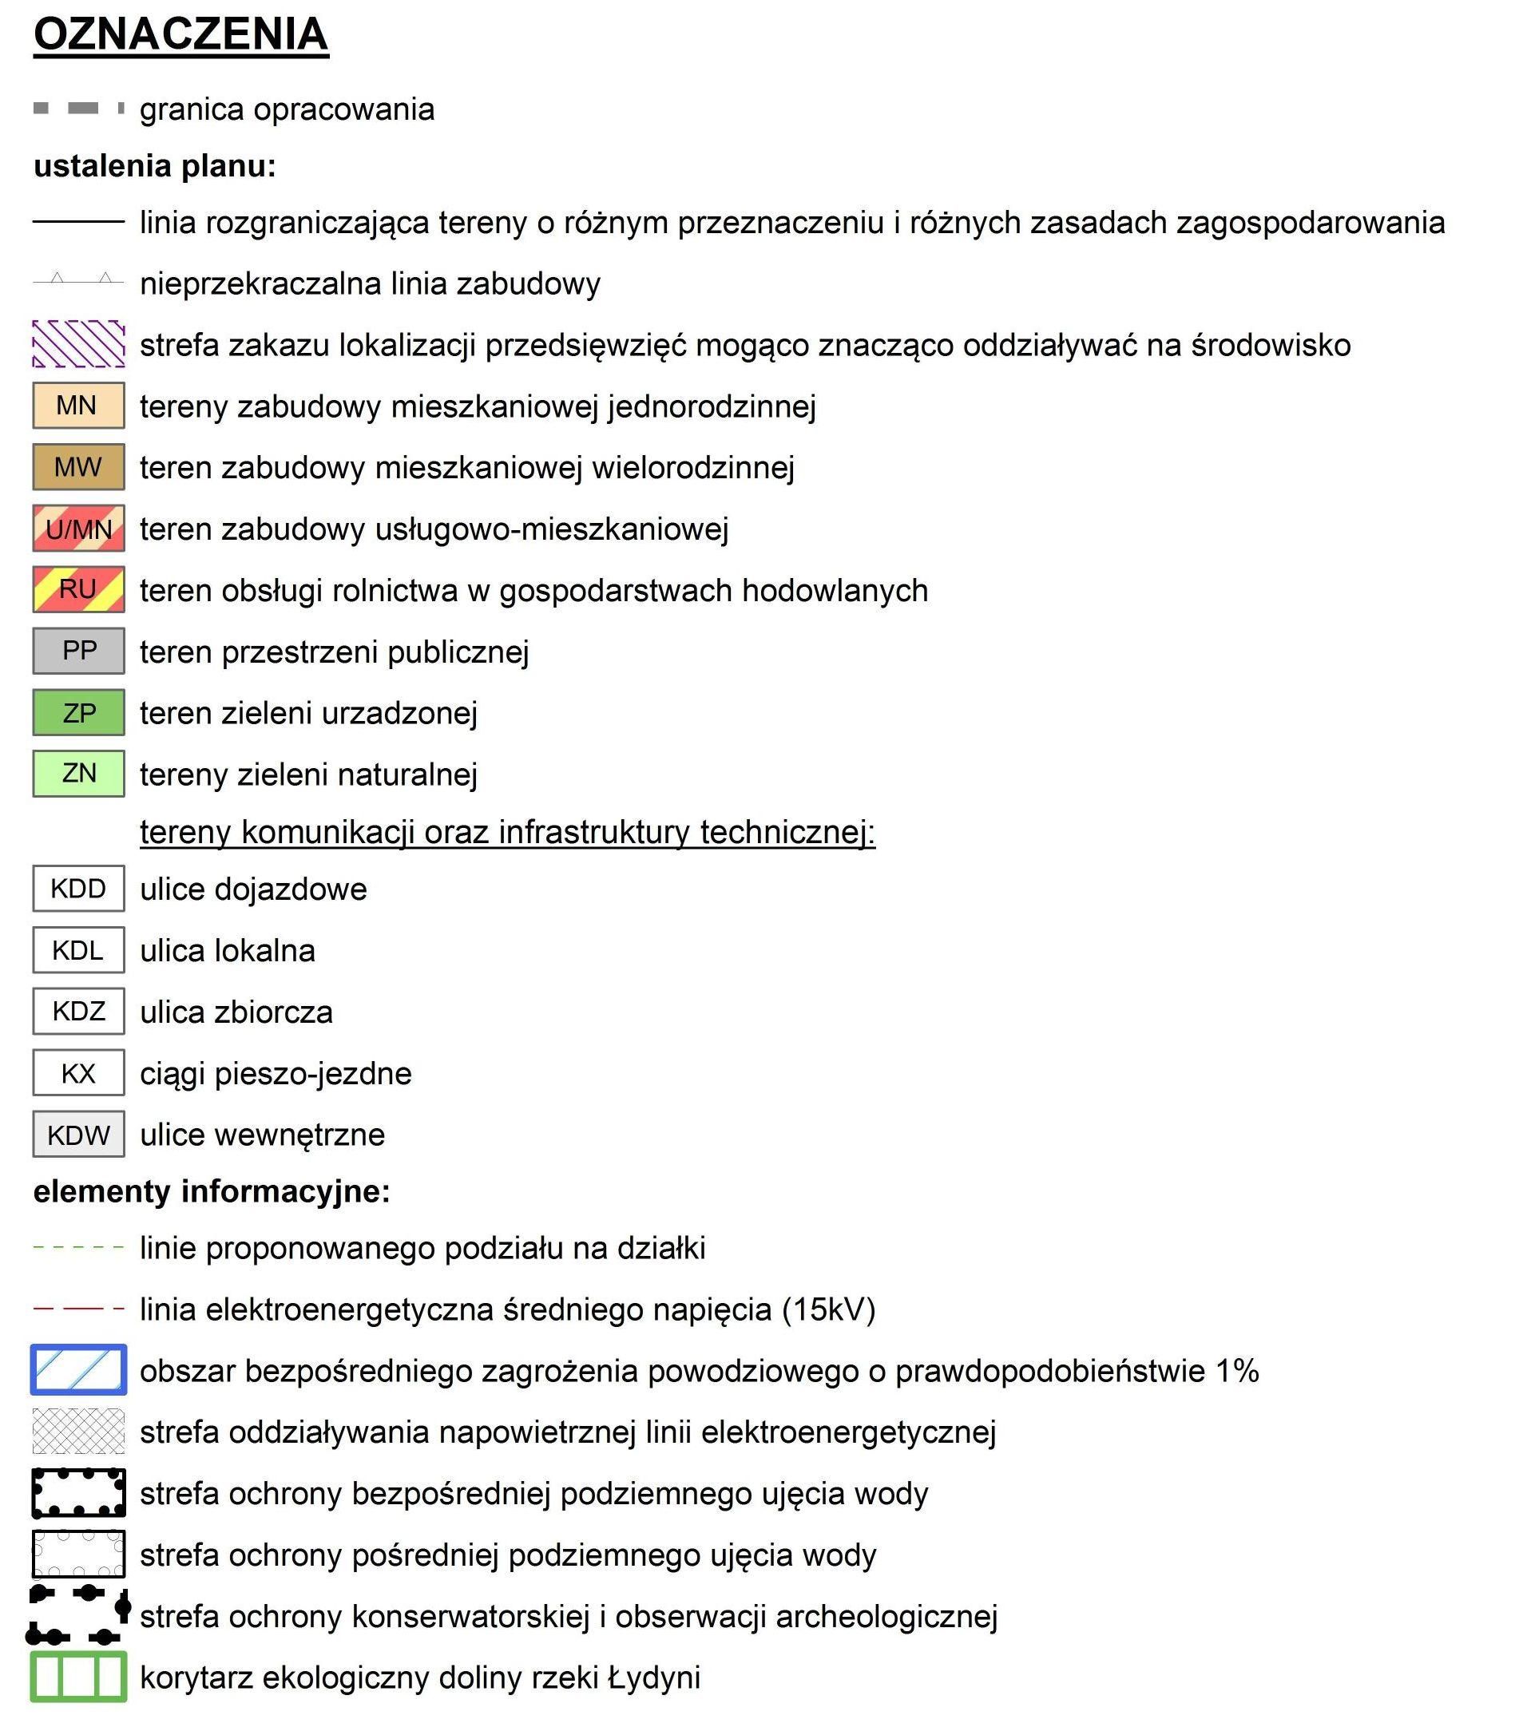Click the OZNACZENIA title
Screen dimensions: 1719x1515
pos(180,35)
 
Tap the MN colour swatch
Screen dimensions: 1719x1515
pos(78,406)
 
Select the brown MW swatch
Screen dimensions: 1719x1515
pos(78,467)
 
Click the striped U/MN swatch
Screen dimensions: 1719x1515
pos(78,528)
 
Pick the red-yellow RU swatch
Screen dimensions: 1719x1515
pos(78,589)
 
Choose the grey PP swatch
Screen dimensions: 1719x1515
pos(78,651)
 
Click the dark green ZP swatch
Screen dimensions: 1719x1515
pos(78,712)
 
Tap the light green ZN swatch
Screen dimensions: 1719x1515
pos(78,774)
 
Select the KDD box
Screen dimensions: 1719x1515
pos(78,889)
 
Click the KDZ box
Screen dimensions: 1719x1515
pos(78,1012)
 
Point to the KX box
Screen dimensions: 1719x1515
pos(78,1073)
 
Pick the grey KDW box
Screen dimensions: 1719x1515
pos(78,1135)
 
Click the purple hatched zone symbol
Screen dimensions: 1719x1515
pos(78,344)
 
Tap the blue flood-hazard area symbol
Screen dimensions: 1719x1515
pos(78,1370)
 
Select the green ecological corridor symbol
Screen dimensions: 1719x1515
pos(78,1677)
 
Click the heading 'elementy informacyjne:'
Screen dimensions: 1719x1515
pos(211,1192)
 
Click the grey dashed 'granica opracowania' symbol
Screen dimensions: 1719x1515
pos(78,109)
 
